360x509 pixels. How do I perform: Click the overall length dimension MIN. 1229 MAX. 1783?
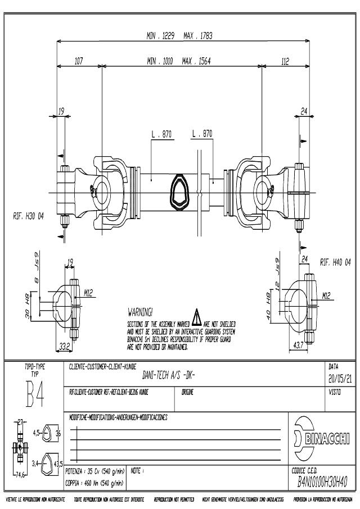(x=179, y=36)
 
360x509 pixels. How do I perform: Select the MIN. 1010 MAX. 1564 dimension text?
(x=179, y=61)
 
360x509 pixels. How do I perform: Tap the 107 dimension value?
(x=79, y=61)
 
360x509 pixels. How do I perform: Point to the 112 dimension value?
(x=285, y=61)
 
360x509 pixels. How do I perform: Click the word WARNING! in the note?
(x=141, y=311)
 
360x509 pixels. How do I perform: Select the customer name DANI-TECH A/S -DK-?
(x=166, y=379)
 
